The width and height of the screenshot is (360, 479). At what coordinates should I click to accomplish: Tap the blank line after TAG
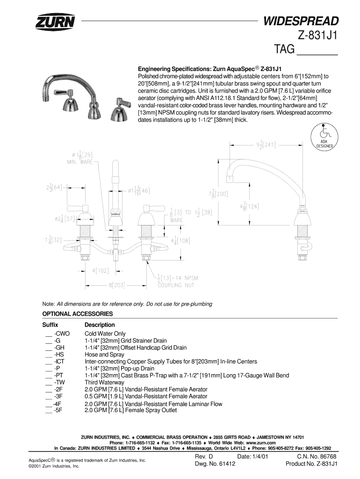coord(317,50)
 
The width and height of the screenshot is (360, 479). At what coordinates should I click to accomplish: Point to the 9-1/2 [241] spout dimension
coord(265,145)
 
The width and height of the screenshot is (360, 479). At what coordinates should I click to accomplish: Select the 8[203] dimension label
coord(115,284)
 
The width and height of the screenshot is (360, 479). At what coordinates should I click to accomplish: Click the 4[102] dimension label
coord(100,270)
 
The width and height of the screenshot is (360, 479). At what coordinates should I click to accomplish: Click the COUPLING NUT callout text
coord(175,284)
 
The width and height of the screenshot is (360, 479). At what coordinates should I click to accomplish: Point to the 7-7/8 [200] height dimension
coord(219,193)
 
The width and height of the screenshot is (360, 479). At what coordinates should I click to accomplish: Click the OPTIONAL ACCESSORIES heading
coord(78,313)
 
